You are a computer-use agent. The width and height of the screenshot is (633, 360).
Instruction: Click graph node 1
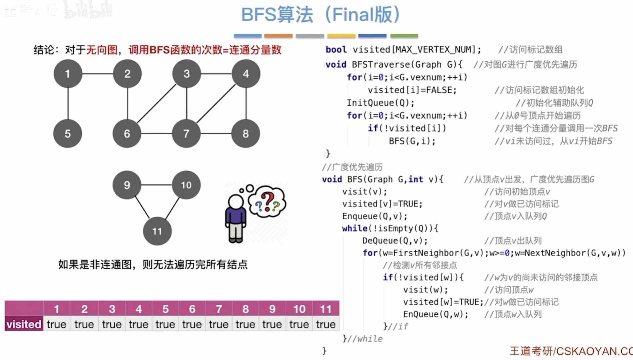(68, 74)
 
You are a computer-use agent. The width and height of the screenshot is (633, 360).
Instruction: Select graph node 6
(127, 133)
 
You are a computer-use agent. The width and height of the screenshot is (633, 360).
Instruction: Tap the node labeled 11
(157, 231)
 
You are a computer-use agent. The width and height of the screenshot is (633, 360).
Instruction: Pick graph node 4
(246, 74)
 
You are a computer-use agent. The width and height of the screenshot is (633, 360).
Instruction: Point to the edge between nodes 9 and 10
(156, 185)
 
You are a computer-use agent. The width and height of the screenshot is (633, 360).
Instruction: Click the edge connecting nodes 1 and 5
(68, 103)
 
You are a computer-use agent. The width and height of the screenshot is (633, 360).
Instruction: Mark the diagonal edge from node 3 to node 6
(157, 103)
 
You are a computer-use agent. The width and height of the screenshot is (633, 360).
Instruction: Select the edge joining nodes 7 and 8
(216, 133)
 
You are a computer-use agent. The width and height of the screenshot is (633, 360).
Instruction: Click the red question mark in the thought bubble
(267, 201)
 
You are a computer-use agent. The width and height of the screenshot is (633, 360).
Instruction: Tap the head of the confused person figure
(236, 201)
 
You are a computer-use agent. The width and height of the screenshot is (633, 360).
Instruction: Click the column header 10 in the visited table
(299, 309)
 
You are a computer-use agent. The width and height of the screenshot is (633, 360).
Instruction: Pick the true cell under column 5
(165, 324)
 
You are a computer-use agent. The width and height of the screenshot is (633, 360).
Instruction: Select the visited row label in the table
(24, 324)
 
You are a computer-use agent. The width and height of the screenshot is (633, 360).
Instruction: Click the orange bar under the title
(278, 36)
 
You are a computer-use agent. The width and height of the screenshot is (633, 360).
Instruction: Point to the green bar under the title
(404, 36)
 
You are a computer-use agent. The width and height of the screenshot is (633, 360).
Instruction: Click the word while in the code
(355, 229)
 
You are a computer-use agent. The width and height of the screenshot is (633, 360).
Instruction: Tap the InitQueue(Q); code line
(380, 103)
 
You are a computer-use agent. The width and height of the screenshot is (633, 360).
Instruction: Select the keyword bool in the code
(336, 50)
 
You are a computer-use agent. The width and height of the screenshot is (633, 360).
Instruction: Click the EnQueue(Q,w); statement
(436, 314)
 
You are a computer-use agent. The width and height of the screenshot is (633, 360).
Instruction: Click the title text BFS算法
(277, 15)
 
